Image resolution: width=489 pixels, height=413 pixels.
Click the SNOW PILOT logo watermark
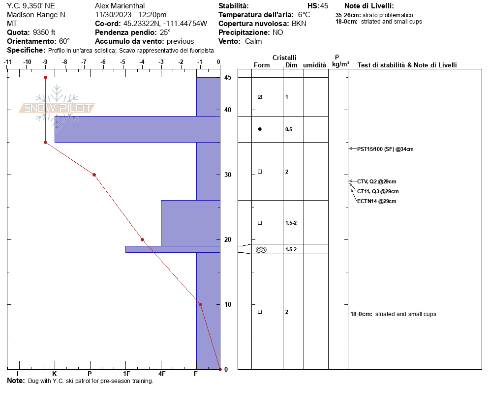[57, 108]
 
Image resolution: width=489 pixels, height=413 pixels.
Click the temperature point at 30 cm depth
[94, 175]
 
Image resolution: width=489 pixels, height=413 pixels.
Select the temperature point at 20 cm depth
[143, 240]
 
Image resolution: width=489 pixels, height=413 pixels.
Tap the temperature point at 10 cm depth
[200, 304]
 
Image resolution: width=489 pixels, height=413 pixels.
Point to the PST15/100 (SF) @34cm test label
[385, 149]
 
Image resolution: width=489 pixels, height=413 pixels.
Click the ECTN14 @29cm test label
[376, 201]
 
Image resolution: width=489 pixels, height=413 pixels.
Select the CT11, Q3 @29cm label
[378, 191]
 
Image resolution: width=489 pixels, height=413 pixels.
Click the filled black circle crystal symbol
[260, 129]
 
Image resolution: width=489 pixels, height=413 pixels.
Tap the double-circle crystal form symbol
[261, 250]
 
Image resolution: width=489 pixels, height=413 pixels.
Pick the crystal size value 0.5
[289, 129]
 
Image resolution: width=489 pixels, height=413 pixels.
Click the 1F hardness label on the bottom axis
[126, 374]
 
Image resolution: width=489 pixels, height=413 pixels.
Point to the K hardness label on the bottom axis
[55, 374]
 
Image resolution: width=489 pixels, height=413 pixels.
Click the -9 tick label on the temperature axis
[45, 62]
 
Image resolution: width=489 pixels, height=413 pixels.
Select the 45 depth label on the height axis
[228, 77]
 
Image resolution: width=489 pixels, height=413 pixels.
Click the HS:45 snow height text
[318, 6]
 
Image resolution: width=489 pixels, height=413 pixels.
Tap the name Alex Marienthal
[120, 6]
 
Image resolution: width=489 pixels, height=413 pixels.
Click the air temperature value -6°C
[303, 15]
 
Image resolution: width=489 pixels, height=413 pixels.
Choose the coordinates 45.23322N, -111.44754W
[165, 24]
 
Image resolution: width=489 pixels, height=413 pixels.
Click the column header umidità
[315, 65]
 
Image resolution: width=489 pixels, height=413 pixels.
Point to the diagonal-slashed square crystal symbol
[260, 97]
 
